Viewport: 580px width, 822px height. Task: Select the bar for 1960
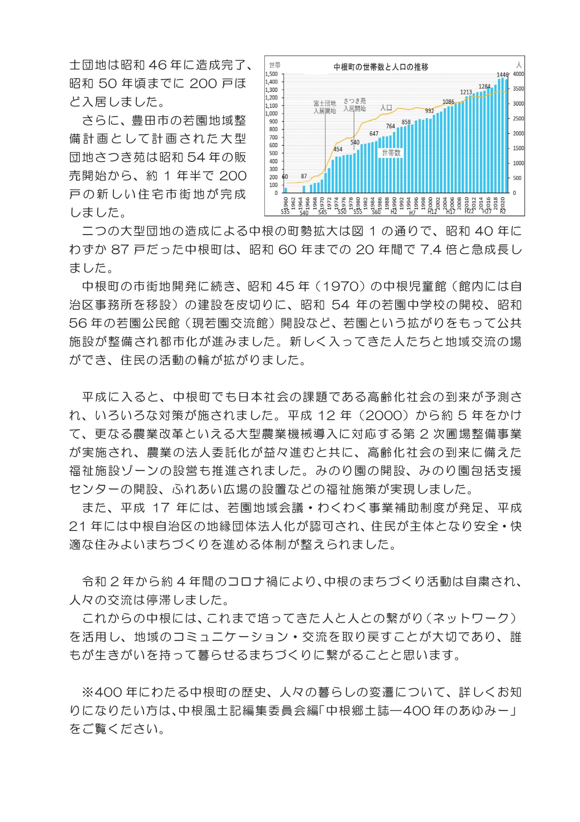(x=286, y=190)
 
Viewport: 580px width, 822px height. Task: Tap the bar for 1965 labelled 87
(x=304, y=189)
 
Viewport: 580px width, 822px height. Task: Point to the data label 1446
(x=502, y=75)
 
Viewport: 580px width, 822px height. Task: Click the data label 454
(x=338, y=149)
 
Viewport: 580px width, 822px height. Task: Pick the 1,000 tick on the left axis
(x=272, y=113)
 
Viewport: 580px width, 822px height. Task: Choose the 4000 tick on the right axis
(x=518, y=74)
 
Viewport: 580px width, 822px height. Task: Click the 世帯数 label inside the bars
(x=391, y=153)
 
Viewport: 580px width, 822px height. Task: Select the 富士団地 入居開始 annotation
(x=324, y=107)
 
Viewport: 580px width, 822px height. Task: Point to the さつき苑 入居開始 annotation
(x=354, y=105)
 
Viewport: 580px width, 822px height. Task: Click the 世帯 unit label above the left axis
(x=275, y=65)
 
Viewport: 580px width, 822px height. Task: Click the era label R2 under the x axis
(x=503, y=211)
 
